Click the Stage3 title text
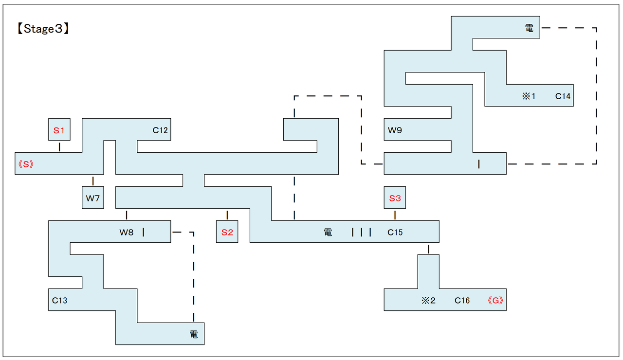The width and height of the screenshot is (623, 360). [x=42, y=29]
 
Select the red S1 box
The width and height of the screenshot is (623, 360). [x=59, y=130]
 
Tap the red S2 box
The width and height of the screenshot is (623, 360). [x=227, y=232]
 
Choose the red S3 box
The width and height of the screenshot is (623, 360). [x=395, y=198]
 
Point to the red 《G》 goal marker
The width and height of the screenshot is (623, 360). [x=495, y=300]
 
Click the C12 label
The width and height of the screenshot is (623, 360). [x=160, y=130]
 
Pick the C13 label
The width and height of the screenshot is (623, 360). [x=59, y=300]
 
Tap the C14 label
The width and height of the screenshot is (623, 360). [x=563, y=96]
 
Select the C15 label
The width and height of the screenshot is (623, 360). [x=395, y=232]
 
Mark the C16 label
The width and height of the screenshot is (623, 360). [x=462, y=300]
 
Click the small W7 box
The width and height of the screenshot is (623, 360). [x=93, y=198]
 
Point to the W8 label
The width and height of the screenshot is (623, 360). [x=127, y=232]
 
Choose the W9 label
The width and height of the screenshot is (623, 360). [x=395, y=130]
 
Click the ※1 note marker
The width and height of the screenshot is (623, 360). [x=529, y=96]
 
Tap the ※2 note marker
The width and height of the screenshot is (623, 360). [x=428, y=300]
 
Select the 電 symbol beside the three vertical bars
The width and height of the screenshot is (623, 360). [x=328, y=232]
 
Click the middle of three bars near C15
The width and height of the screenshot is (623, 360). [x=362, y=232]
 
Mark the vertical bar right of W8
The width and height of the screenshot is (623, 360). [x=144, y=232]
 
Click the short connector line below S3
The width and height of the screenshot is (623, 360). [x=395, y=215]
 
